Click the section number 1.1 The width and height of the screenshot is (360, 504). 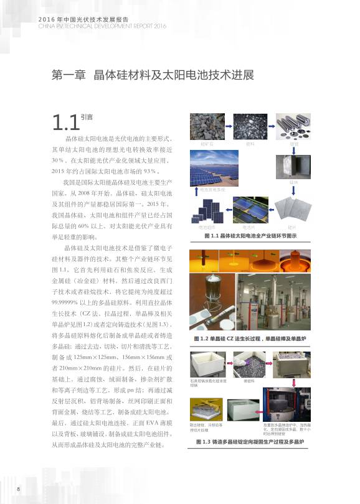[65, 121]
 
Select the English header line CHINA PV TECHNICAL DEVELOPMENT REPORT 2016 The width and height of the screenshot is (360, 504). [103, 27]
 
